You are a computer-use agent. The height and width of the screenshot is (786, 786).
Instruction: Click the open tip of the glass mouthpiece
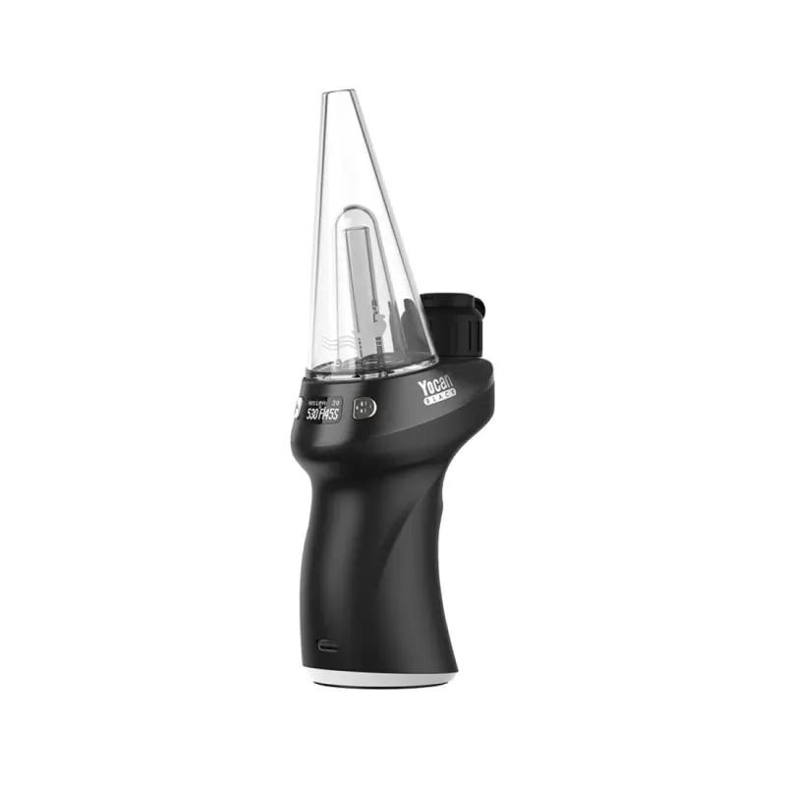(339, 94)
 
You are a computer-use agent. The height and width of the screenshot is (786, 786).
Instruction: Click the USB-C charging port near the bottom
(323, 647)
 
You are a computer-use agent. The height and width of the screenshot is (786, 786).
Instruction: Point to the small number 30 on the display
(335, 402)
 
